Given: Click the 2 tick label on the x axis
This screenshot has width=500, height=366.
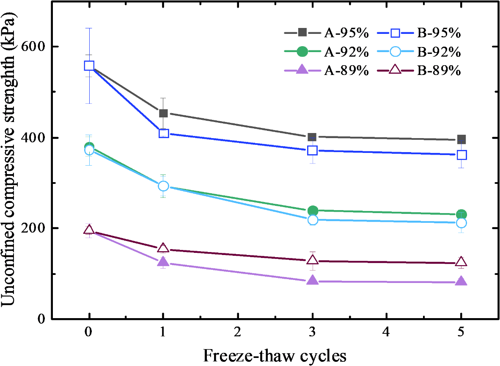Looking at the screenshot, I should (238, 333).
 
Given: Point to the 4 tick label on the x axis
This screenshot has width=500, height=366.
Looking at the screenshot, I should (387, 333).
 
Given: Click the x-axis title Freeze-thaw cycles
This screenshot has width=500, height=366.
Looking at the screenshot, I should (275, 355).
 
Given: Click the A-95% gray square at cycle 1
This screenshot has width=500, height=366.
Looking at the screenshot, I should (163, 113).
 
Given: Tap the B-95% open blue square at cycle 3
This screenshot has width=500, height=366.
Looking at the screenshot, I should (312, 150).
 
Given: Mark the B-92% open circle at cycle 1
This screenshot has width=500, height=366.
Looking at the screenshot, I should (163, 186).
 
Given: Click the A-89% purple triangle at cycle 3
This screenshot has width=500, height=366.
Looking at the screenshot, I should (312, 280).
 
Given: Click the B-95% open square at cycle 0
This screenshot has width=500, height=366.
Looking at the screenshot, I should (89, 66).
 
